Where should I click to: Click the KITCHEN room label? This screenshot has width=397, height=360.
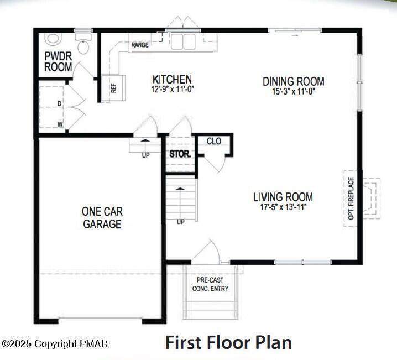172,79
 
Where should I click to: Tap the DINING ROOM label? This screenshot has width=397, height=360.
294,81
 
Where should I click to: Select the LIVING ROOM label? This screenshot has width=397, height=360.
283,197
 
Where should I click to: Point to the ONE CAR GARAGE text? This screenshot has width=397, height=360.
102,218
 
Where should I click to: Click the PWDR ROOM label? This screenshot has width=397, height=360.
58,61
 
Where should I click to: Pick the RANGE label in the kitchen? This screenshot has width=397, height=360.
140,45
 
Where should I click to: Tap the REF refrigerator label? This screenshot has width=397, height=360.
113,88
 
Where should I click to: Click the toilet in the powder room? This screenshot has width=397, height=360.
83,44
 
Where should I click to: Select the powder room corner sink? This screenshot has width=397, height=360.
53,39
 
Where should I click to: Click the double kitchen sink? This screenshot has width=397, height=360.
183,41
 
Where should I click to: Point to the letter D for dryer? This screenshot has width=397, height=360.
60,103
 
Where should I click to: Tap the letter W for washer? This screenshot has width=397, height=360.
60,124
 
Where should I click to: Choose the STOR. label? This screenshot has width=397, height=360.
180,154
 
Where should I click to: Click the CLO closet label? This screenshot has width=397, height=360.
214,141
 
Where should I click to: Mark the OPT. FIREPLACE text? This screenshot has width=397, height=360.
351,198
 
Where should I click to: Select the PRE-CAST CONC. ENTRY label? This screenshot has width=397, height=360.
210,284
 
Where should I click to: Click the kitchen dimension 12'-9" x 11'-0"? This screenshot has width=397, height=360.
173,90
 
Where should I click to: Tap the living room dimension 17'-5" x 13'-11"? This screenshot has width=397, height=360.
283,207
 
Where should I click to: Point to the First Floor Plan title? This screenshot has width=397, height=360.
228,342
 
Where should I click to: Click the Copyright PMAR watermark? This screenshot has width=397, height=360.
55,343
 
